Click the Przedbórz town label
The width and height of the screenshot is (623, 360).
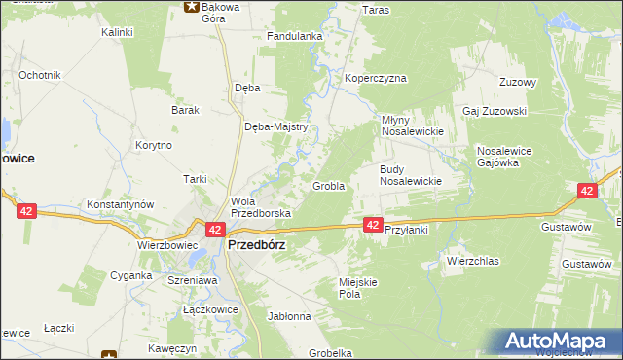click(x=256, y=246)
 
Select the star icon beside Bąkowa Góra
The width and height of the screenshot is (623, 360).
click(x=191, y=7)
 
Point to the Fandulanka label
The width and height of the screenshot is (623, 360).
click(x=295, y=37)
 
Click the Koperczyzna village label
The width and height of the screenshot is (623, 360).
click(x=375, y=78)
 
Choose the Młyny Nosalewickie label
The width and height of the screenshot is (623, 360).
click(x=411, y=126)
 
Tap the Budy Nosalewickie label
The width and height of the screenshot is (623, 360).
click(x=411, y=174)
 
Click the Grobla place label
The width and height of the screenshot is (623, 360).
click(x=328, y=186)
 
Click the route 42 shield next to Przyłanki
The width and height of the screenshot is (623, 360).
click(x=373, y=225)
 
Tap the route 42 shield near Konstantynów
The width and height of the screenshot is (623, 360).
click(x=26, y=210)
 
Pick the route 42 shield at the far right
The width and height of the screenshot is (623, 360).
click(x=586, y=192)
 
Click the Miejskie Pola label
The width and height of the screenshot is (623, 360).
click(x=356, y=287)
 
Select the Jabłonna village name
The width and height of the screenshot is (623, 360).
click(x=289, y=316)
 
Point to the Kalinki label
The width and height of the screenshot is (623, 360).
click(x=117, y=32)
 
